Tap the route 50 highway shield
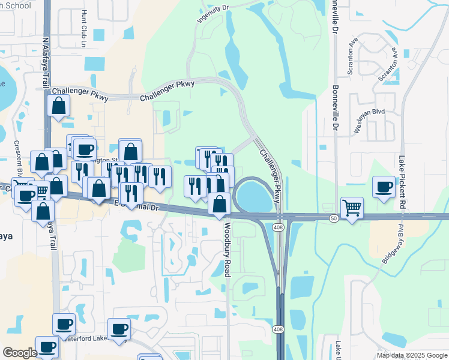click(x=334, y=218)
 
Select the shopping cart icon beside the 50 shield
click(x=352, y=208)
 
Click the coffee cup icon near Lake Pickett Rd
click(x=384, y=186)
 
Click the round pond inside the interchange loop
click(x=254, y=196)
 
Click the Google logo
click(x=20, y=352)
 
